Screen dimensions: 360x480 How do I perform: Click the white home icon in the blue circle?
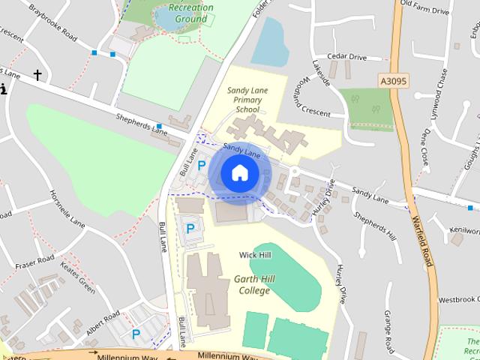pyautogui.click(x=239, y=172)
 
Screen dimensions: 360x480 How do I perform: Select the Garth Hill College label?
pyautogui.click(x=250, y=285)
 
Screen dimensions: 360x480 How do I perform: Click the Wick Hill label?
pyautogui.click(x=255, y=256)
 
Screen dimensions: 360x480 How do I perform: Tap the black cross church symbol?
pyautogui.click(x=37, y=75)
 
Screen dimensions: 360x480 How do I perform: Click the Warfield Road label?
pyautogui.click(x=422, y=240)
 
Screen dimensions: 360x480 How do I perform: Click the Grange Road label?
pyautogui.click(x=388, y=330)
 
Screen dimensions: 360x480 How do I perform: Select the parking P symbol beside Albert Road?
pyautogui.click(x=136, y=334)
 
